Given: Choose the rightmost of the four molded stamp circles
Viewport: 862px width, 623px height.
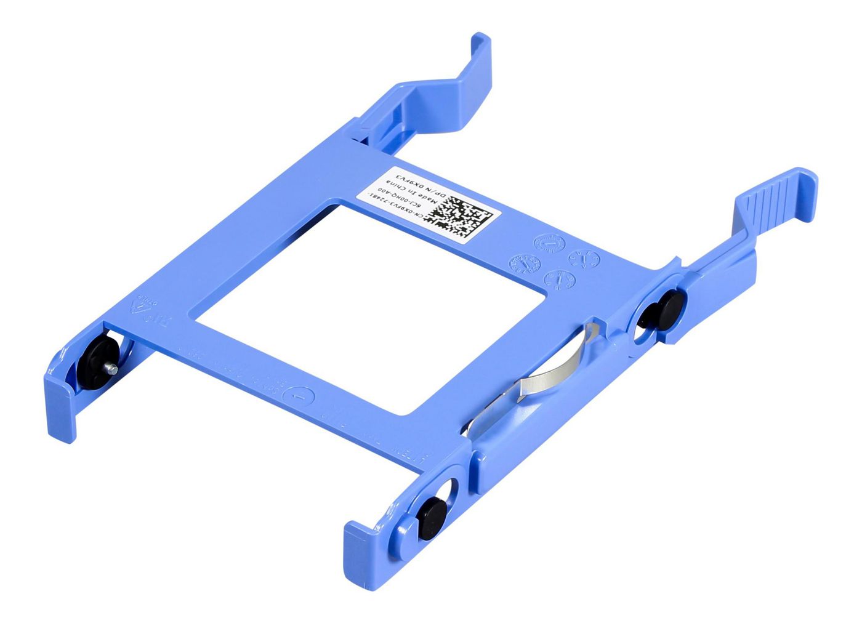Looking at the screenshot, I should (x=584, y=258).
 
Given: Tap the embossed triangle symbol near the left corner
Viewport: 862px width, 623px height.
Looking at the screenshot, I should (x=145, y=305).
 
